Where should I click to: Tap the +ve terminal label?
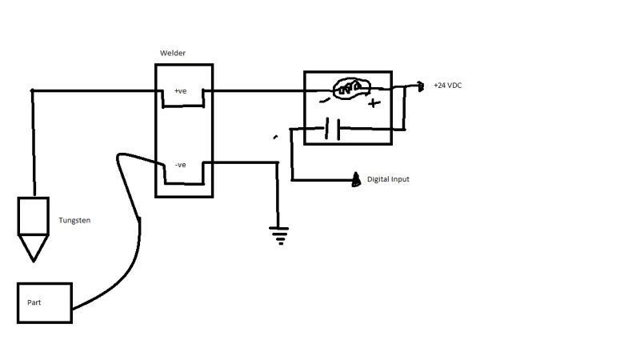coord(181,91)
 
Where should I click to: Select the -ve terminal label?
coord(180,165)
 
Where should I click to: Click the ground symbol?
coord(279,234)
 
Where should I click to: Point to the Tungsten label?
coord(74,220)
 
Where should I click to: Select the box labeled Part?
coord(45,302)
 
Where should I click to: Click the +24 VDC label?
coord(447,85)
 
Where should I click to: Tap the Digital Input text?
coord(388,179)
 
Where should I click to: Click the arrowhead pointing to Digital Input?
coord(355,180)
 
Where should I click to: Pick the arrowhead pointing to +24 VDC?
coord(421,86)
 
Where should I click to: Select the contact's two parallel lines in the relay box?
coord(333,129)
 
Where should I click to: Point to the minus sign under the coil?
coord(324,101)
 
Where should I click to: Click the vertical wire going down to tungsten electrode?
coord(33,144)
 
